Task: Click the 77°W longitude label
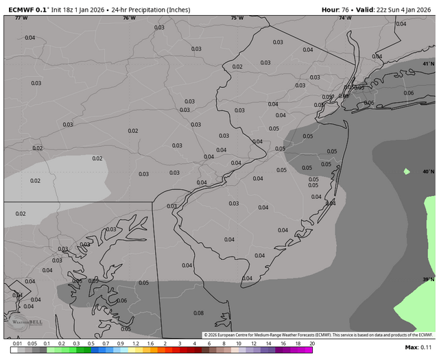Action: point(21,18)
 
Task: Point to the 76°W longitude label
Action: point(129,18)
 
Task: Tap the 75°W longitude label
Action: point(237,18)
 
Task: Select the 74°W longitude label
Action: point(344,18)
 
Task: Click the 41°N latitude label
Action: point(428,64)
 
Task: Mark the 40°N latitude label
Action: point(428,171)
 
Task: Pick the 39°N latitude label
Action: point(428,279)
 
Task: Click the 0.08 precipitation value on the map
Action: point(198,313)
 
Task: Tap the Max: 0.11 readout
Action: point(419,348)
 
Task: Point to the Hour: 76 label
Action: point(337,9)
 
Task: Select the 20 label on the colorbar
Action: point(311,343)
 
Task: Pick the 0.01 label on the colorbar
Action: point(16,343)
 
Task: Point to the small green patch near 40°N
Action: point(406,171)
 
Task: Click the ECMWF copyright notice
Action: point(318,335)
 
